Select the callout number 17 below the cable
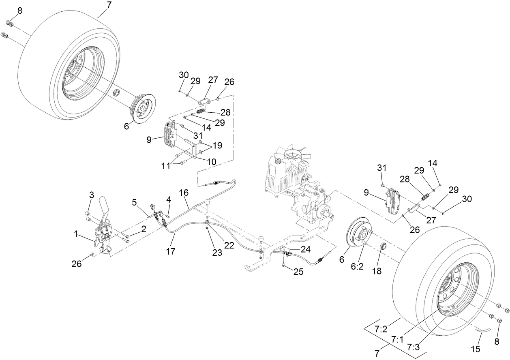[171, 251]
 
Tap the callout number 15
[476, 348]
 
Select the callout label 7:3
[413, 347]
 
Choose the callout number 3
[92, 195]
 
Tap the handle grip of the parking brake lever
[104, 204]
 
